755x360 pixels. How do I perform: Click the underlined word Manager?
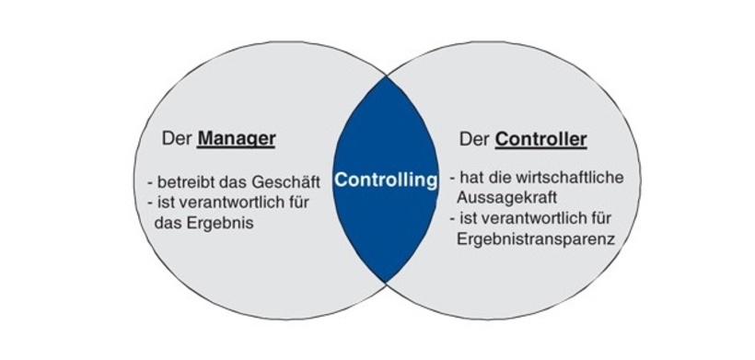pos(238,140)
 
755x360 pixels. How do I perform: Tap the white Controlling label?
pos(385,180)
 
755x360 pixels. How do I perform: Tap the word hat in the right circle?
pos(470,176)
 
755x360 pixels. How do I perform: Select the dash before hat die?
pos(452,176)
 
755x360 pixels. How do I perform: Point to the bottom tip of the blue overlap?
pos(385,281)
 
